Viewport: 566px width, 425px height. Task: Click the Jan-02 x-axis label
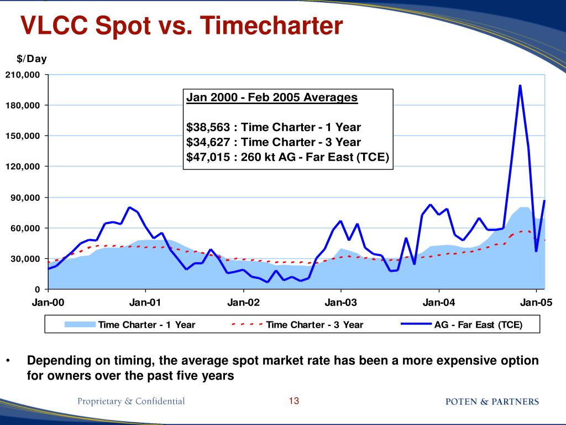tap(243, 303)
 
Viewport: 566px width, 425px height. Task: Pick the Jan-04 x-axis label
tap(439, 303)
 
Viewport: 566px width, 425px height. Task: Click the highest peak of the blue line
tap(520, 86)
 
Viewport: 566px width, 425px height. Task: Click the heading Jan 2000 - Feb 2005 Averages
tap(272, 98)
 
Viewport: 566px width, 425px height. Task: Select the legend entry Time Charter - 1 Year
tap(146, 325)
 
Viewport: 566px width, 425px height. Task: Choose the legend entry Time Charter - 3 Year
tap(315, 325)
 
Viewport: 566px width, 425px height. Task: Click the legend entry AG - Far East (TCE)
tap(478, 325)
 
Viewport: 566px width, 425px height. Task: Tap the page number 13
tap(294, 401)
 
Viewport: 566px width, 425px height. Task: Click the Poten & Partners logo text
tap(492, 402)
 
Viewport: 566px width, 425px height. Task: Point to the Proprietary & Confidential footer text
tap(131, 401)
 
